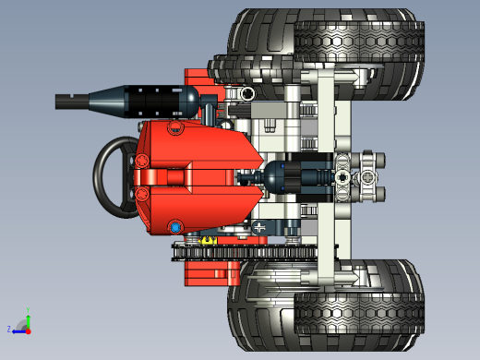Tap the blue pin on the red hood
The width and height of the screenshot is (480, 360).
[x=174, y=226]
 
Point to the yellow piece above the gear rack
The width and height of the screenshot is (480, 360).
[x=209, y=241]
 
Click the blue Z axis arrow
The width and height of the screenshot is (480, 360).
[x=16, y=329]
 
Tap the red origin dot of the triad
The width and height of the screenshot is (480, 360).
[x=28, y=329]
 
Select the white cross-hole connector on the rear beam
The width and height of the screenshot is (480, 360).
[x=344, y=175]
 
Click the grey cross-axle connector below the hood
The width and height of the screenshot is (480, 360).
[x=259, y=226]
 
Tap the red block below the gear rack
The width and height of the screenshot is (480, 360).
[x=208, y=270]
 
